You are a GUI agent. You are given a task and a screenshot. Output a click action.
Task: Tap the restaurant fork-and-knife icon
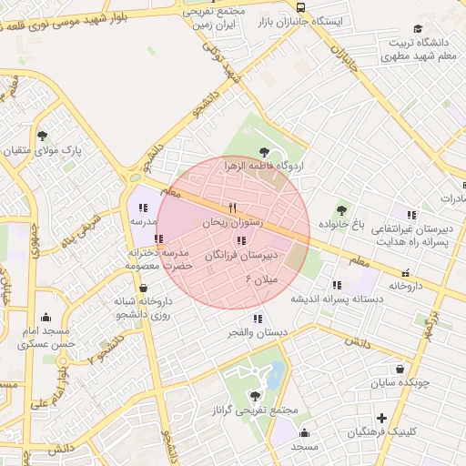pos(232,208)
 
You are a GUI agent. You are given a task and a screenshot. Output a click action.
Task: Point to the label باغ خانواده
pos(341,223)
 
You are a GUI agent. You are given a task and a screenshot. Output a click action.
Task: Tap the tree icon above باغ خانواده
pos(341,210)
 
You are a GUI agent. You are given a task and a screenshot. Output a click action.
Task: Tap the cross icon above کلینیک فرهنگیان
pos(381,419)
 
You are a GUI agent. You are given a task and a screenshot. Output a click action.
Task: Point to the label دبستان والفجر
pos(258,332)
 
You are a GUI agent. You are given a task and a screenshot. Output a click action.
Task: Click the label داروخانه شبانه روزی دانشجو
pos(144,307)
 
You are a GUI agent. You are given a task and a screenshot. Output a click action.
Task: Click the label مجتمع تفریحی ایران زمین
pos(215,18)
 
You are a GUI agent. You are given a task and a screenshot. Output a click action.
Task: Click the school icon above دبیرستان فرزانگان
pos(240,241)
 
